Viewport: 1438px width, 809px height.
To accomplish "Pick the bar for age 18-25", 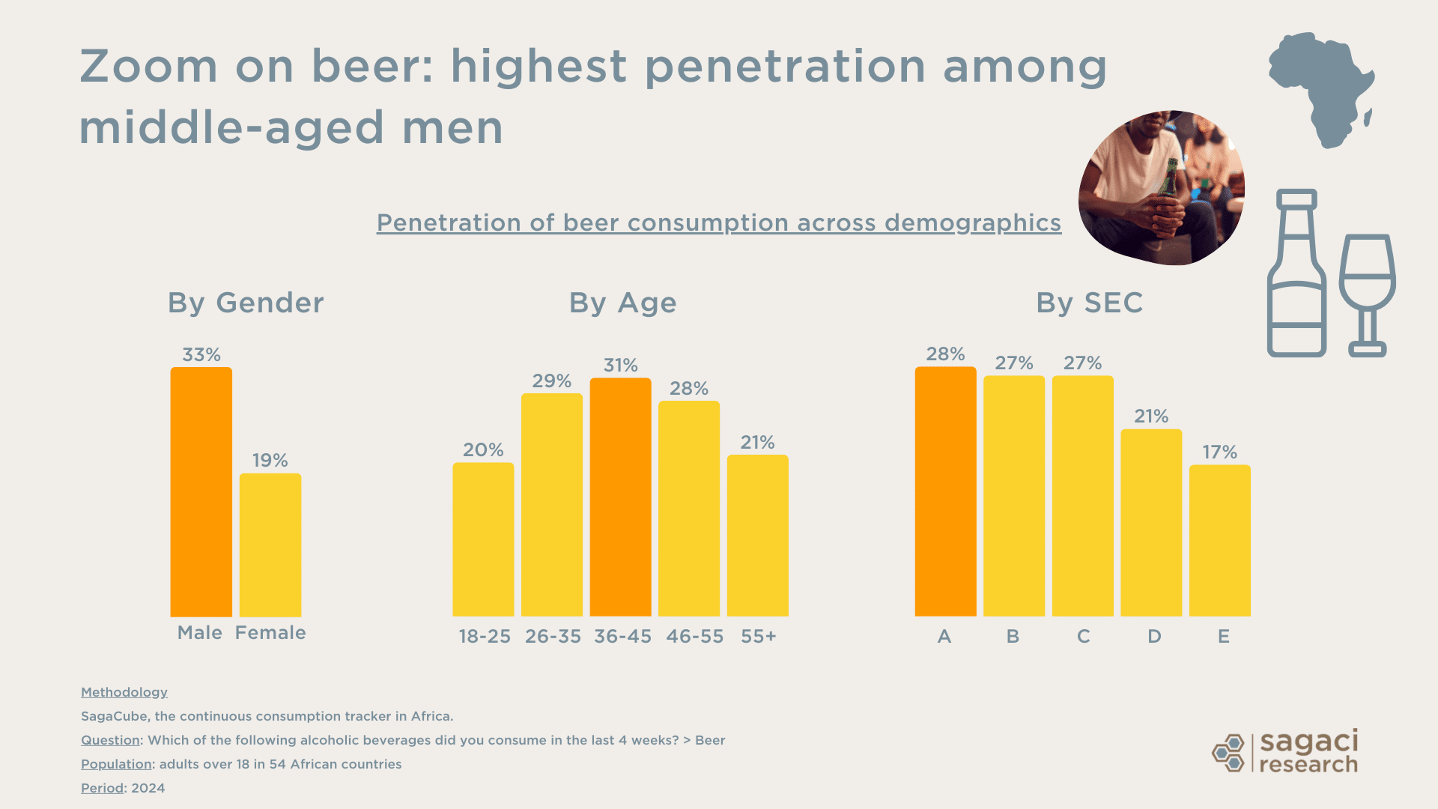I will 483,539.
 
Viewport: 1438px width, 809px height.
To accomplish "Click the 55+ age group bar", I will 757,536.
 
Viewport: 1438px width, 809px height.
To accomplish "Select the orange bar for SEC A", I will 945,491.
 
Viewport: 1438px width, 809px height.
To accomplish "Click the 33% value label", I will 201,354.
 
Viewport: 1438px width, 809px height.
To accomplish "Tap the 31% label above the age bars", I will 620,365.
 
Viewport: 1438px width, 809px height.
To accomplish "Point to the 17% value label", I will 1219,452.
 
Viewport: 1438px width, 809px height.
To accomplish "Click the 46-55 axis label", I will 694,636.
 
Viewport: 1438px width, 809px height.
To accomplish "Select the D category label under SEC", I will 1154,636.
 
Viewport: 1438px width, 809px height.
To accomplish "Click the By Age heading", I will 622,303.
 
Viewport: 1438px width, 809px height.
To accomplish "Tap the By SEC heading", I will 1089,303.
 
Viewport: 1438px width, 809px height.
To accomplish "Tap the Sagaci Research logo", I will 1285,751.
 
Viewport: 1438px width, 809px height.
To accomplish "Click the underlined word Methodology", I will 124,692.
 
